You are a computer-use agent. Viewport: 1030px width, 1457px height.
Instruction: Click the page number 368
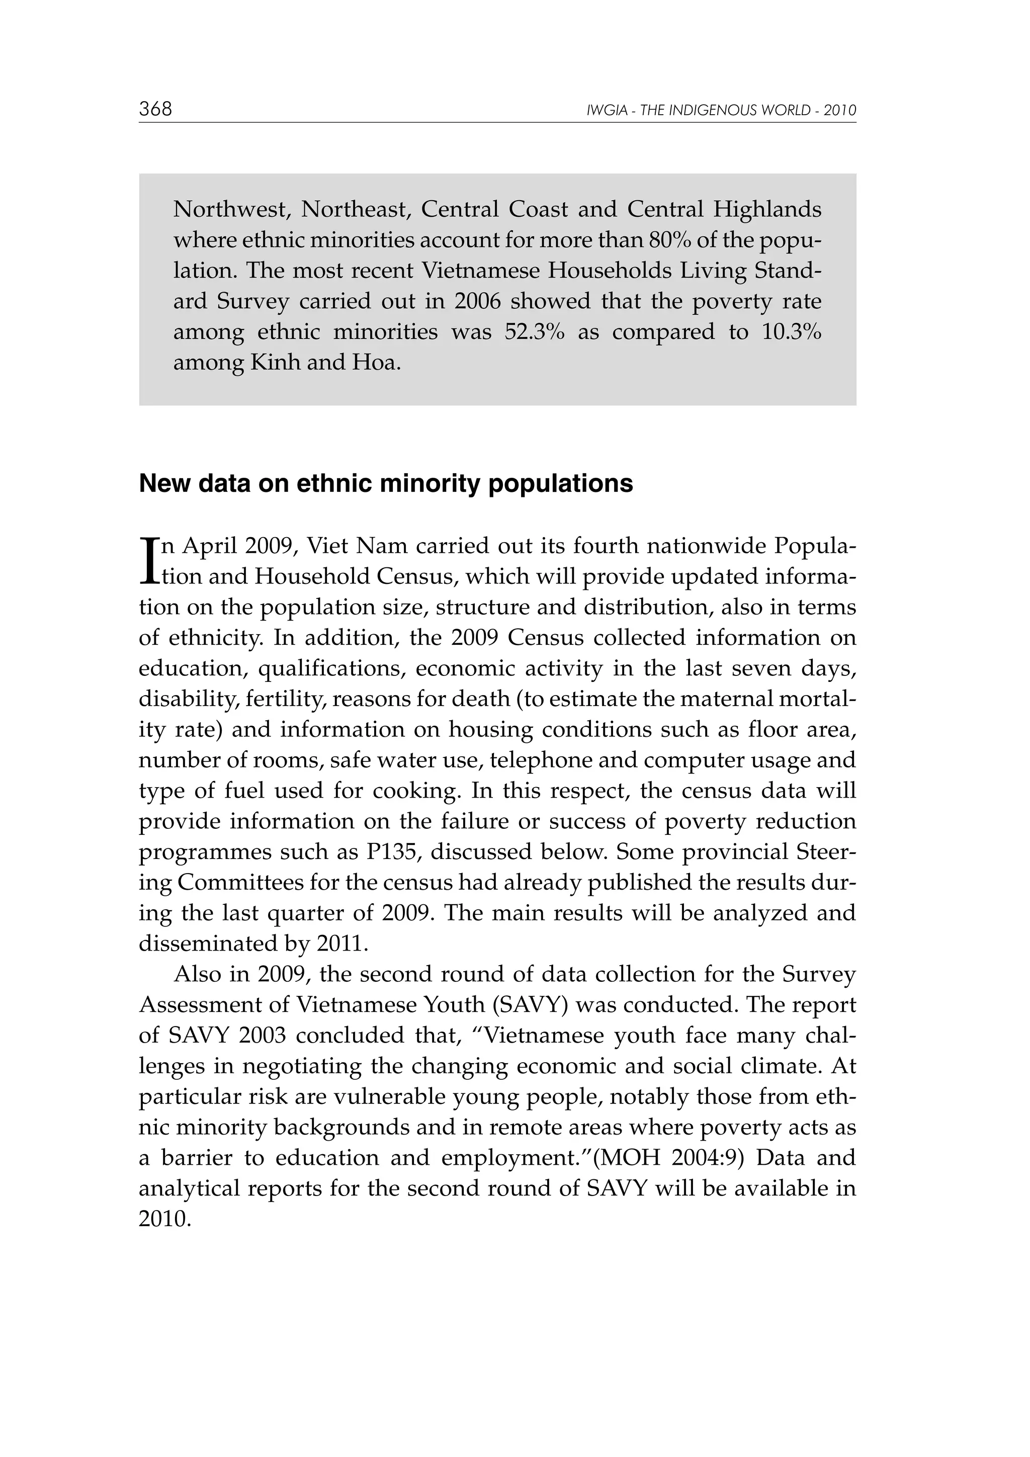pyautogui.click(x=155, y=109)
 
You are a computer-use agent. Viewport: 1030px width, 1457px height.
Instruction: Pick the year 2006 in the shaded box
pyautogui.click(x=477, y=301)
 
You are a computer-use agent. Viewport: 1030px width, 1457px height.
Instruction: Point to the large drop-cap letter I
pyautogui.click(x=148, y=561)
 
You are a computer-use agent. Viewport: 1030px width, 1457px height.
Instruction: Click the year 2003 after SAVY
pyautogui.click(x=263, y=1035)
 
